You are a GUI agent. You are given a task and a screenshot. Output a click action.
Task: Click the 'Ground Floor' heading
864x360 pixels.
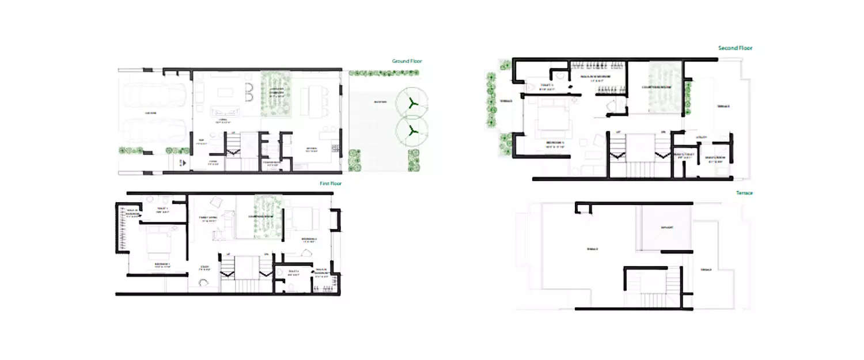tap(407, 61)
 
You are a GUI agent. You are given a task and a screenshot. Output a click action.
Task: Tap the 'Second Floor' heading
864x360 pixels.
tap(735, 48)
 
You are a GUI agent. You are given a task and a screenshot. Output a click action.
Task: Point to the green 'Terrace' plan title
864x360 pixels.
tap(744, 193)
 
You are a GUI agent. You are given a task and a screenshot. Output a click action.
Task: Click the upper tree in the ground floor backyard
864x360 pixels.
tap(411, 103)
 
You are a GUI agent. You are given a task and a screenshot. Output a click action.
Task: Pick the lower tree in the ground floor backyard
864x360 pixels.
tap(411, 131)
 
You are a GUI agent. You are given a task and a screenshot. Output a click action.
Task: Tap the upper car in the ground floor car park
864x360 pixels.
tap(154, 97)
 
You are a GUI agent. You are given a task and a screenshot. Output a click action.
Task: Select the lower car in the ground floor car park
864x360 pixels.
tap(154, 130)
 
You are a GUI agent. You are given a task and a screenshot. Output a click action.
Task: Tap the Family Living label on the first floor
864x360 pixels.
tap(208, 218)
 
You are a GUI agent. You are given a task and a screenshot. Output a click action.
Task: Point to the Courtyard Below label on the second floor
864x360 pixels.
tap(654, 87)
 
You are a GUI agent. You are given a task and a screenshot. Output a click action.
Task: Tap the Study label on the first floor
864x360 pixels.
tap(204, 266)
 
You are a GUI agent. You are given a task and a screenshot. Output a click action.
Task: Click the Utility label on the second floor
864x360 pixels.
tap(701, 137)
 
